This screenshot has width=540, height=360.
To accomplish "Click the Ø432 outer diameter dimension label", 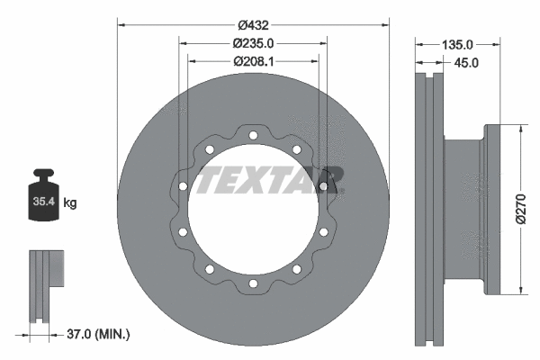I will [x=253, y=17].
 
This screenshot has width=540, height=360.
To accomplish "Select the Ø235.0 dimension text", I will [x=253, y=42].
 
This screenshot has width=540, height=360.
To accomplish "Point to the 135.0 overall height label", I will [x=457, y=43].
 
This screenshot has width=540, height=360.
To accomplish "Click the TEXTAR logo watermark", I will [x=270, y=179].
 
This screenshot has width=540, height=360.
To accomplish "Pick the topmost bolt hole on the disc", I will [x=253, y=136].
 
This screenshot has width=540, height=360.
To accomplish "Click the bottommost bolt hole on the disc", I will [x=253, y=283].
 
